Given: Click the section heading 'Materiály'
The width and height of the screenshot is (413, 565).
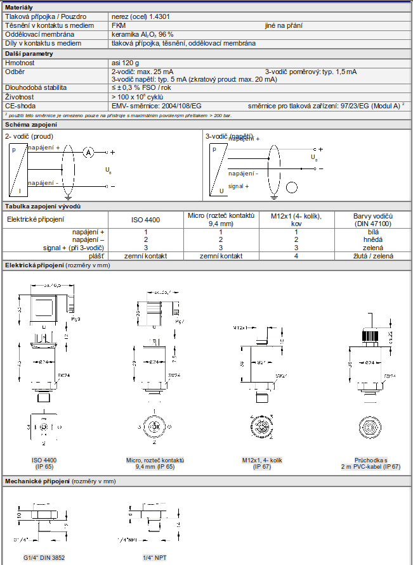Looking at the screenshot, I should [x=20, y=6].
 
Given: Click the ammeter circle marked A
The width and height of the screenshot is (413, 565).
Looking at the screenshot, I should [x=89, y=153].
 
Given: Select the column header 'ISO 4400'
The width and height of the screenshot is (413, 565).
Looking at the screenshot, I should [x=145, y=220].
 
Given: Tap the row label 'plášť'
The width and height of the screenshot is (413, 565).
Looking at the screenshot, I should [x=96, y=255].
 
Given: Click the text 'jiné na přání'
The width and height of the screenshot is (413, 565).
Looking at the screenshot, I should [x=284, y=25].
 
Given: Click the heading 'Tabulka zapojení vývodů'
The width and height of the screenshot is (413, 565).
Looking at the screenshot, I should [x=43, y=206].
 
